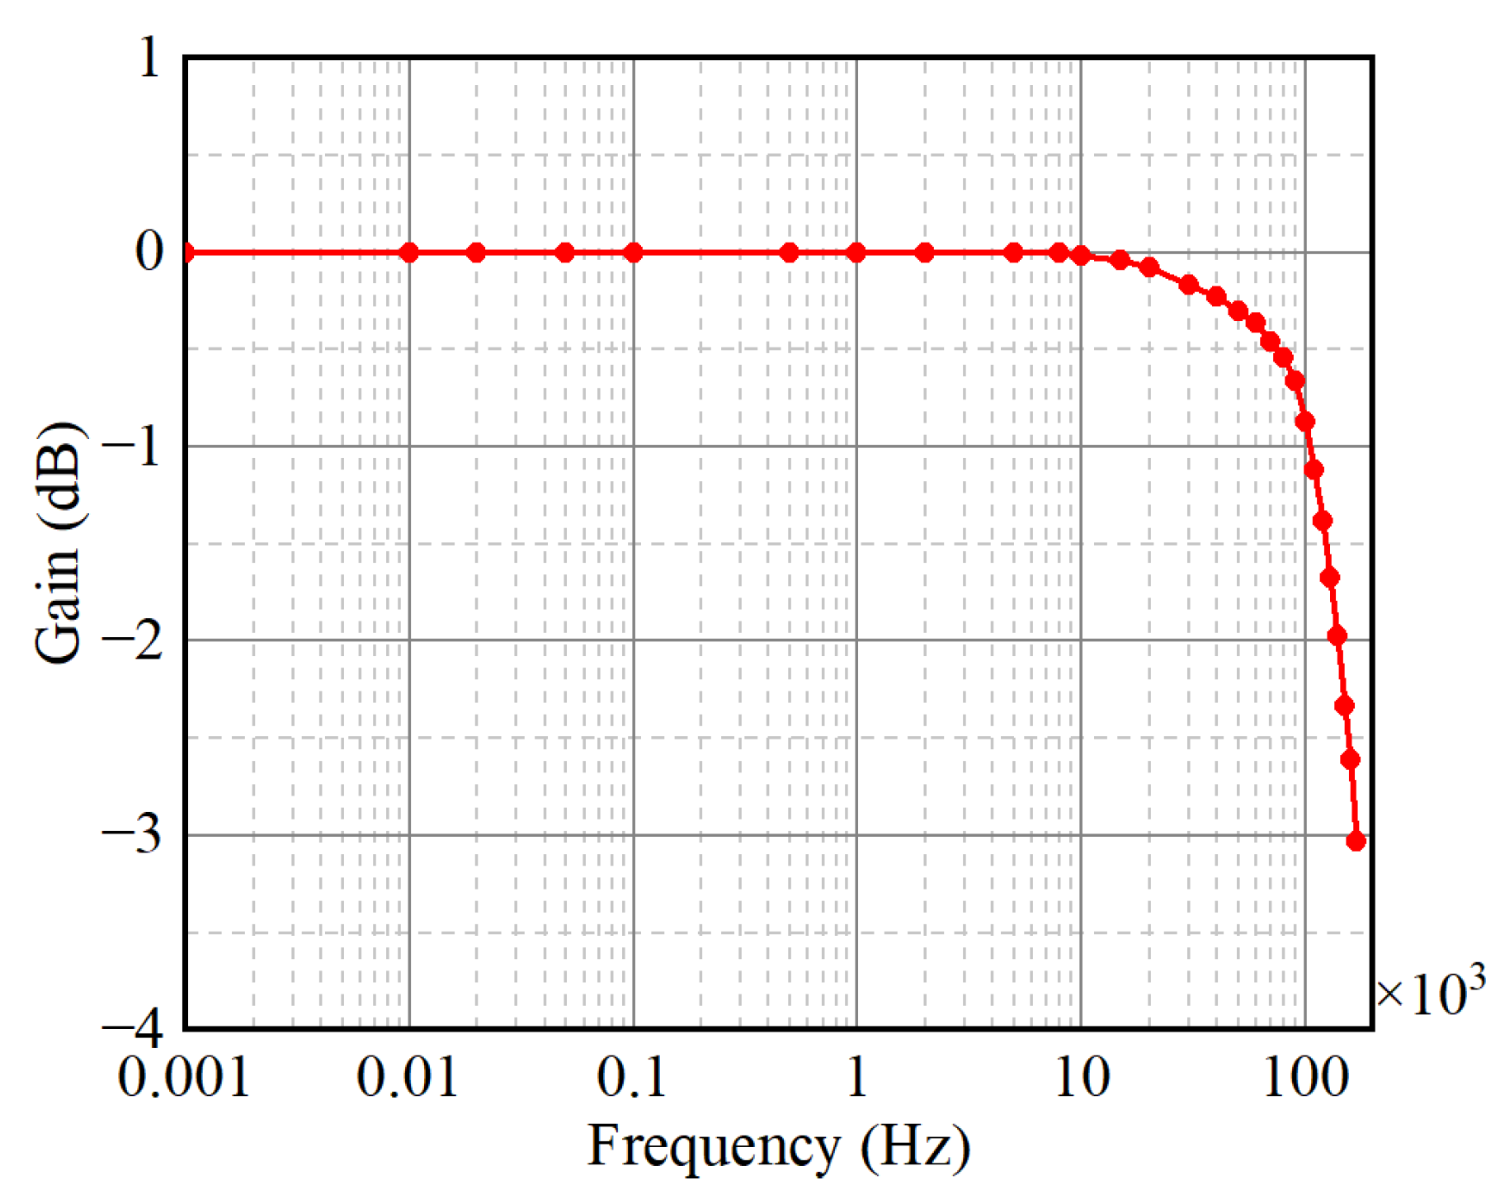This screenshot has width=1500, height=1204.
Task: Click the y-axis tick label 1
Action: coord(149,59)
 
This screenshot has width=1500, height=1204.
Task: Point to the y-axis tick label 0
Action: coord(149,251)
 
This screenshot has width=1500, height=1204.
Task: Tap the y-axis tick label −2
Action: coord(132,641)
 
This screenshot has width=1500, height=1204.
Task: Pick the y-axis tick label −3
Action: coord(132,835)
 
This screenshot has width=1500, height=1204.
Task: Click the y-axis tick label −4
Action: coord(132,1028)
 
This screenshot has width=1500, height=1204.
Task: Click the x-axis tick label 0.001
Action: coord(183,1078)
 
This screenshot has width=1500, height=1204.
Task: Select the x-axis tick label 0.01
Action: coord(408,1078)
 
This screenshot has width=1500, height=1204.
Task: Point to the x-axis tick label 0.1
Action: coord(632,1078)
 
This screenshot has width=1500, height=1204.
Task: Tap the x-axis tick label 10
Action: coord(1082,1078)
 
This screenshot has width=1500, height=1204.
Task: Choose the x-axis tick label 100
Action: coord(1305,1078)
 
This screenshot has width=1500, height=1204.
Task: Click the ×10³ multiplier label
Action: coord(1430,993)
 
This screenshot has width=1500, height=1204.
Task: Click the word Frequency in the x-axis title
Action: coord(713,1148)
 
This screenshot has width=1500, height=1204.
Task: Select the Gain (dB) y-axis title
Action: coord(59,542)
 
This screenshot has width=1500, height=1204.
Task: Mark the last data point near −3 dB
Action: coord(1356,841)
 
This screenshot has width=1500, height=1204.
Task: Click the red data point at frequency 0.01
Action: coord(408,253)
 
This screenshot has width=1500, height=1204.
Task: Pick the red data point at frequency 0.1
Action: coord(633,253)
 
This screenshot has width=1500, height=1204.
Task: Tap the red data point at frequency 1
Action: coord(856,253)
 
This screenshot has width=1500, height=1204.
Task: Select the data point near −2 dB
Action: coord(1337,635)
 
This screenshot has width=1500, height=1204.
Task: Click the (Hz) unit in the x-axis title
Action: coord(915,1148)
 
